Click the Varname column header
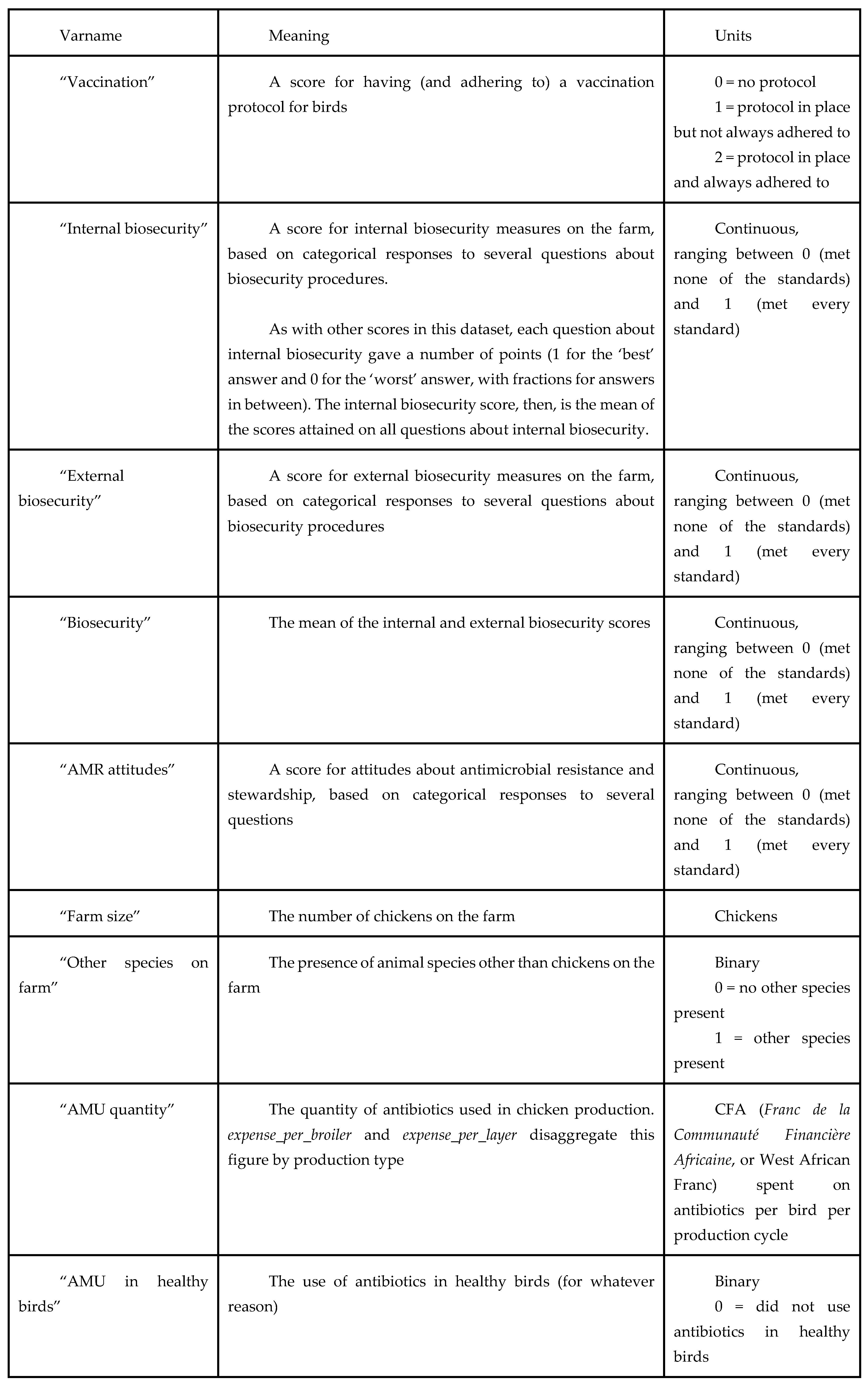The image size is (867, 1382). pyautogui.click(x=91, y=36)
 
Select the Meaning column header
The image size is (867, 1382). pyautogui.click(x=299, y=36)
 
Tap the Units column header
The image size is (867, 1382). pyautogui.click(x=733, y=36)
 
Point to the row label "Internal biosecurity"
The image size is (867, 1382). pyautogui.click(x=133, y=229)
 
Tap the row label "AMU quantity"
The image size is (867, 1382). pyautogui.click(x=116, y=1110)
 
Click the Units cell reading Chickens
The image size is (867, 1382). pyautogui.click(x=745, y=916)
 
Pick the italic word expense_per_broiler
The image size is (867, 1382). pyautogui.click(x=290, y=1135)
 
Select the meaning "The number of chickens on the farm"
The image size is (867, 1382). pyautogui.click(x=392, y=916)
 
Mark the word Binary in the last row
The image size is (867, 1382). pyautogui.click(x=737, y=1282)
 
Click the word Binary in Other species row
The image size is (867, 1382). pyautogui.click(x=737, y=963)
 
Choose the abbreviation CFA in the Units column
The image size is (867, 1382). pyautogui.click(x=730, y=1110)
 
